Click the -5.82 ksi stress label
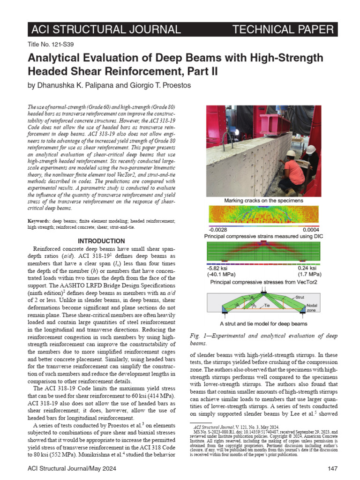tap(219, 268)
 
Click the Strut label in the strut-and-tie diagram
tap(300, 297)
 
